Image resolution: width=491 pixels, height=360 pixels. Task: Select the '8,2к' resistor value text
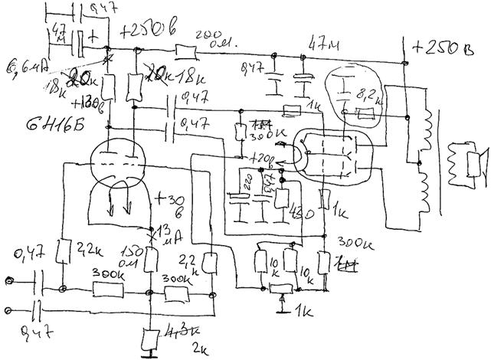[x=370, y=97]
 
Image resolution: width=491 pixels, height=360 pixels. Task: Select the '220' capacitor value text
[x=247, y=184]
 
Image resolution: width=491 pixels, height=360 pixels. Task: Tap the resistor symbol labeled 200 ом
[x=185, y=51]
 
